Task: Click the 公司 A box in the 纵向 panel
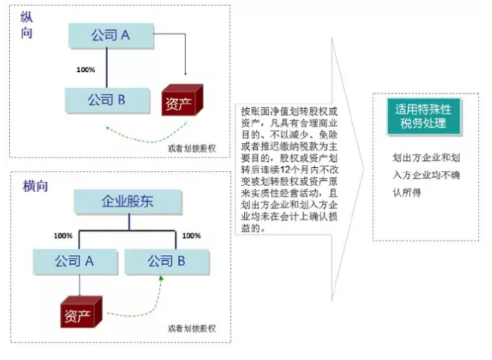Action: click(x=110, y=35)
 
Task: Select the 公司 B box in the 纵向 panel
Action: click(x=105, y=99)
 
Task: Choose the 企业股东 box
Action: click(x=128, y=202)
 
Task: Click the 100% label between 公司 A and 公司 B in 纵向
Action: click(x=86, y=70)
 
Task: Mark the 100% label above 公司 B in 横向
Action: click(x=191, y=236)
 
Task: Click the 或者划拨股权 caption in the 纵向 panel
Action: click(x=192, y=147)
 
